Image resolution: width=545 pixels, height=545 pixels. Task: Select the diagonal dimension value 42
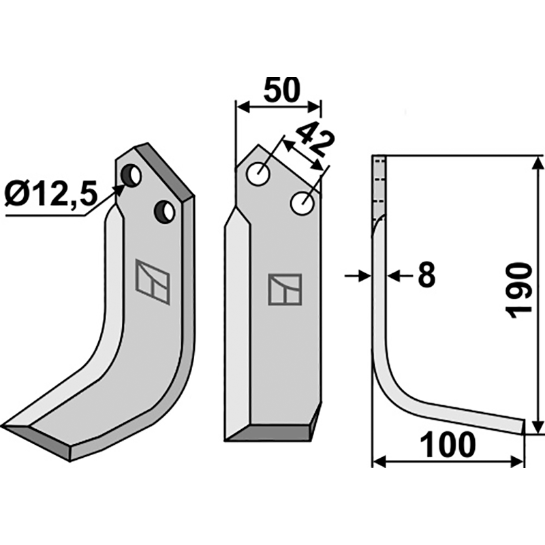tap(315, 141)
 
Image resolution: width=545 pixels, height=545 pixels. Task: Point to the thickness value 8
tap(425, 276)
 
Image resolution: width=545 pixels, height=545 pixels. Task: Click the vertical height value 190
tap(520, 289)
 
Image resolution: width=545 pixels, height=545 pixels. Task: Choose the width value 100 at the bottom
tap(448, 446)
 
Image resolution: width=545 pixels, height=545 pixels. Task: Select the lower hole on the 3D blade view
tap(165, 211)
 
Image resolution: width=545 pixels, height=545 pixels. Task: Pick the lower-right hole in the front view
tap(302, 202)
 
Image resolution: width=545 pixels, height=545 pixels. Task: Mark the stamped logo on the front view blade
tap(285, 289)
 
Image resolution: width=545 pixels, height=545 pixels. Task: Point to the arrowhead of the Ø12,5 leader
tap(122, 189)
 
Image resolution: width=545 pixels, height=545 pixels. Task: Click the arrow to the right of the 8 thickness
tap(394, 276)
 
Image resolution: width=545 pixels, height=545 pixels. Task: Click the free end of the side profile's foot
tap(523, 426)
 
